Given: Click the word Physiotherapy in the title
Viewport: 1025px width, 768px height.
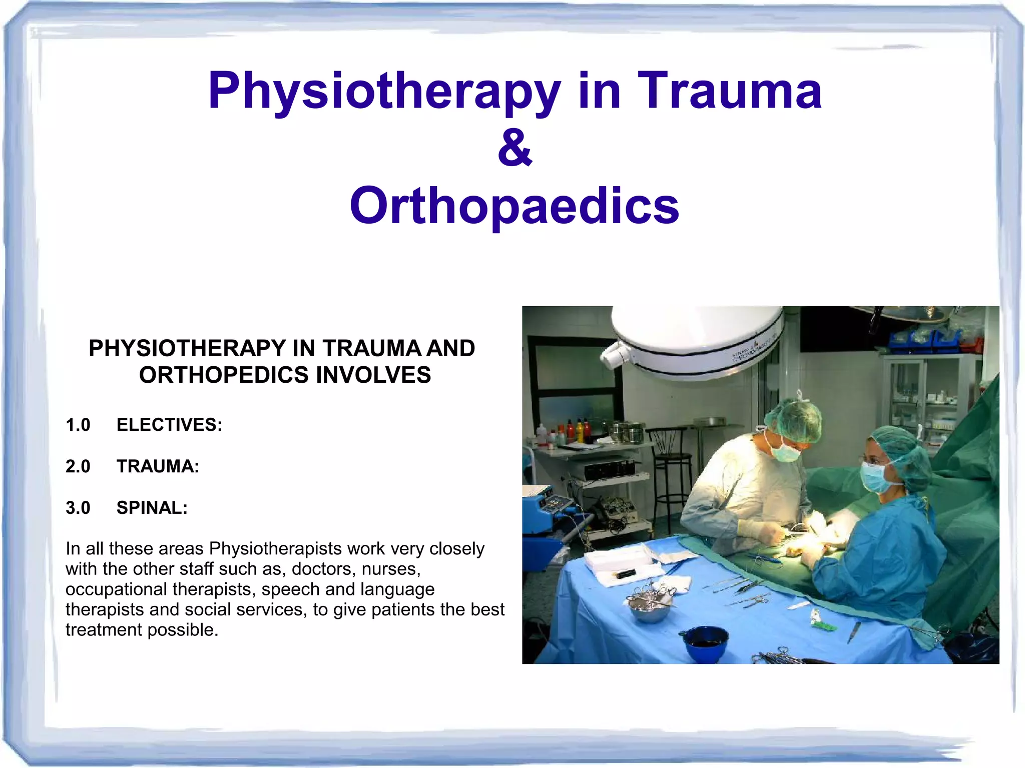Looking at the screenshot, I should coord(384,92).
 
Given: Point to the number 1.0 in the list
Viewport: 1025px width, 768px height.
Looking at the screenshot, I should coord(78,425).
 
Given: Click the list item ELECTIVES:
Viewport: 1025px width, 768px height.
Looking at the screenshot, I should coord(169,425).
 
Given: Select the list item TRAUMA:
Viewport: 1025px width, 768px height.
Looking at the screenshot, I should coord(158,466).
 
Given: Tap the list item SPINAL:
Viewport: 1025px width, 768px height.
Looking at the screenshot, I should coord(152,508).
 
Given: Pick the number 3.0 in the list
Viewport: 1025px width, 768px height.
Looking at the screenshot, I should coord(78,508).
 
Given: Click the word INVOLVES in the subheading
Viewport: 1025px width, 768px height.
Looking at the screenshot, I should coord(373,375).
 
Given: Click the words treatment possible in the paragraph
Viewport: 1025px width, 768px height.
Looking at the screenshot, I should coord(142,630).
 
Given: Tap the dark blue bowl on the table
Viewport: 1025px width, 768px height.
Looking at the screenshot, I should coord(706,643).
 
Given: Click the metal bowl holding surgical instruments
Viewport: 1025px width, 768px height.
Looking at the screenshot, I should coord(650,607).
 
